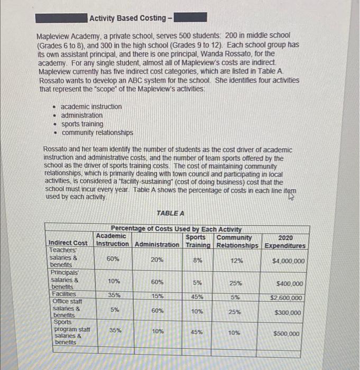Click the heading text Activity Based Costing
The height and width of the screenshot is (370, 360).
tap(127, 18)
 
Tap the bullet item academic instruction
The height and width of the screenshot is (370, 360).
tap(91, 106)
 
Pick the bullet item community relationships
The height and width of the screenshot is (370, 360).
tap(97, 133)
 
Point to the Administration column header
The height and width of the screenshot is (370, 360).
tap(157, 245)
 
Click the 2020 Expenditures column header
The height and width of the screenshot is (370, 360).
tap(285, 242)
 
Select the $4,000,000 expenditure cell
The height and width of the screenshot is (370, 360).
tap(289, 261)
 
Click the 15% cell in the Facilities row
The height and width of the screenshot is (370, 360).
tap(157, 297)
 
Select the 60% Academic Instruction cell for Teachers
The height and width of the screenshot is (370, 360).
tap(113, 260)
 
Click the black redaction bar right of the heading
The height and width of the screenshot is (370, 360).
tap(191, 18)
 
